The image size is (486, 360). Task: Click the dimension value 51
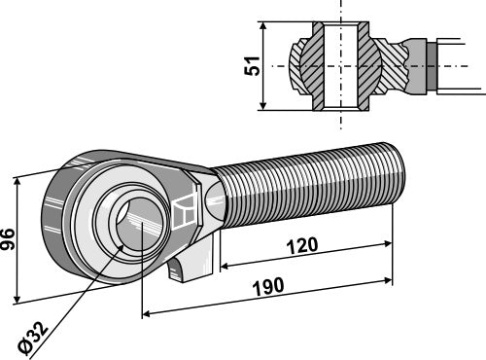252,66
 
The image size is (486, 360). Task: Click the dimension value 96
7,239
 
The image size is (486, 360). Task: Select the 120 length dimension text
302,246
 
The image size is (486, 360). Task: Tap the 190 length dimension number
268,287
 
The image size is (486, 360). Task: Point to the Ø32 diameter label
33,338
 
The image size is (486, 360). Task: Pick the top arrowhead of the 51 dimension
263,26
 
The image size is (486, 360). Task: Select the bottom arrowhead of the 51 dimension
263,105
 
